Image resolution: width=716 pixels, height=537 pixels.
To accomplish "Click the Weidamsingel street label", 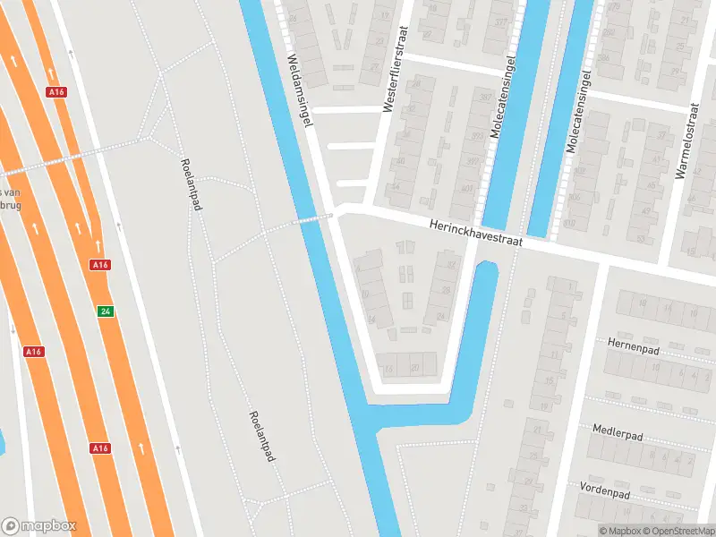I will click(x=298, y=90).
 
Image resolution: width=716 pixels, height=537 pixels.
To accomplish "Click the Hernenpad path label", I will click(x=633, y=345).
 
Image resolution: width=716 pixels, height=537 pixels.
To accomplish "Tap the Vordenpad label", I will click(x=606, y=491).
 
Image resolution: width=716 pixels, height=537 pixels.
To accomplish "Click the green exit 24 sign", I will click(x=106, y=311).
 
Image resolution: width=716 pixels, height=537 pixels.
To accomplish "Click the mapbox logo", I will click(x=38, y=526).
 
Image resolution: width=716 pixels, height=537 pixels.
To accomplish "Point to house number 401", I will click(x=466, y=190).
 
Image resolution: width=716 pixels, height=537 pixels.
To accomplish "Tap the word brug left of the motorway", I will click(x=11, y=205).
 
